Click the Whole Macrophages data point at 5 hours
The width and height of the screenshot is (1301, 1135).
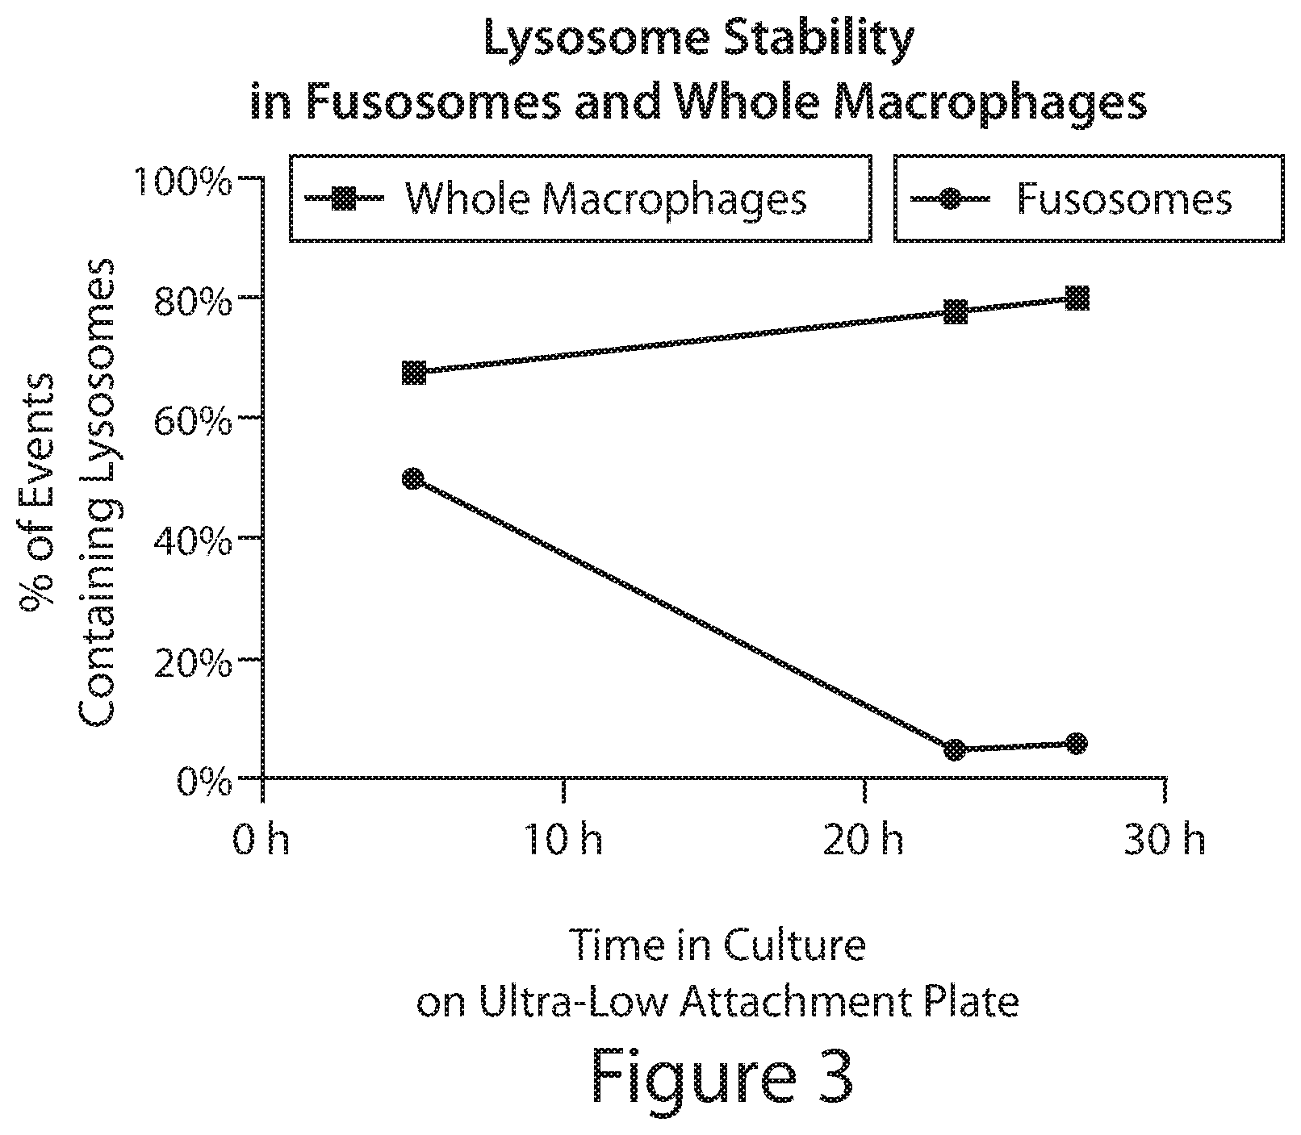[414, 373]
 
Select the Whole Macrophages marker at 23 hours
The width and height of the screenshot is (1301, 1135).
[956, 312]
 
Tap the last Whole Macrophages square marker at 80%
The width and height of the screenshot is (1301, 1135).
[1077, 299]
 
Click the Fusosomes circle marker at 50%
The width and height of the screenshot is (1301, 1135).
[412, 479]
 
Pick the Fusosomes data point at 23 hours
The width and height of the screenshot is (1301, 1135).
[955, 750]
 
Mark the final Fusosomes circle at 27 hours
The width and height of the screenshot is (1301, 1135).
[1077, 744]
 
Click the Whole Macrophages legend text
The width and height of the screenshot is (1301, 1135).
[605, 198]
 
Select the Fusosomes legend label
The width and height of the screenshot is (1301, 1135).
[1124, 198]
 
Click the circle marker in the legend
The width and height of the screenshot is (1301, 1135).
[951, 198]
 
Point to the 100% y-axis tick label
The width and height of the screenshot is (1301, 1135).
[183, 182]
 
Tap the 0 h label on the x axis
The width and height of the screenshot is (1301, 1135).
[261, 841]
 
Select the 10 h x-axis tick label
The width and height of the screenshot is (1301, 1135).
[562, 841]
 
